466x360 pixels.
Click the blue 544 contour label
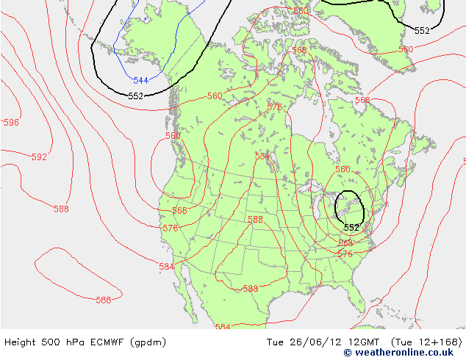coord(140,80)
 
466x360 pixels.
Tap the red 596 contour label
coord(11,123)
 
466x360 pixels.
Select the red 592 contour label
coord(39,157)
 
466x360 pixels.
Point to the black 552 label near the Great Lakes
coord(352,228)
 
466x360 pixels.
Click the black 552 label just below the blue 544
coord(136,96)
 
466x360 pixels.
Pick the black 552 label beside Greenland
coord(422,31)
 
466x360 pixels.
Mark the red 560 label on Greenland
coord(406,49)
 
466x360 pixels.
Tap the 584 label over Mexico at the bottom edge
coord(223,327)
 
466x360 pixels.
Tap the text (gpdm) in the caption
coord(148,342)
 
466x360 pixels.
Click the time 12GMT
coord(362,342)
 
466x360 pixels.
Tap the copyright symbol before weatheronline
coord(348,353)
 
